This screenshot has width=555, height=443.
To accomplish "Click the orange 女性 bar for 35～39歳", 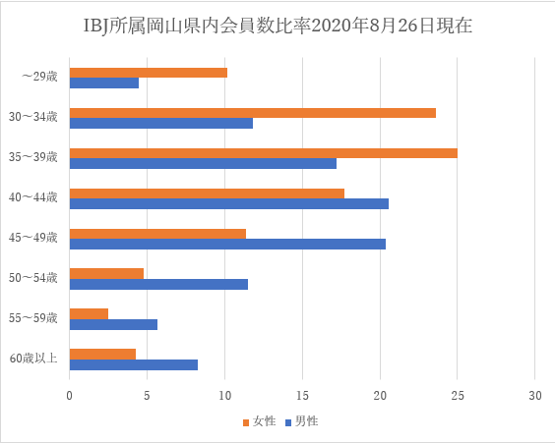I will coord(263,152).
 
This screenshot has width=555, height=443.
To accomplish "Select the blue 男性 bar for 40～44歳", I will coord(228,203).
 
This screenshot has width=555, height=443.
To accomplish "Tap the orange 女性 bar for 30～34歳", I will coord(252,112).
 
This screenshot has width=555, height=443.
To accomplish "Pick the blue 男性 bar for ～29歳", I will coord(103,83).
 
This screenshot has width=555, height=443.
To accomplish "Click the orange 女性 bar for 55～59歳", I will coord(89,313).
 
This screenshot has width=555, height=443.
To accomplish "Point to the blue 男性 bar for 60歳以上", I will coord(133,364).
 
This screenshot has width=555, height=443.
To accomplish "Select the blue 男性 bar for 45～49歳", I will coord(227,244).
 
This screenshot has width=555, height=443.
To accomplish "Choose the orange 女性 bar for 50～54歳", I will coord(106,273).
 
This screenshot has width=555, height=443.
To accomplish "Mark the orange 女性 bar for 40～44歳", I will coord(207,193).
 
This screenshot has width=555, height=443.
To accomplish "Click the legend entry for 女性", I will coord(258,421).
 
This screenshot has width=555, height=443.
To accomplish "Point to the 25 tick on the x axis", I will coord(457,396).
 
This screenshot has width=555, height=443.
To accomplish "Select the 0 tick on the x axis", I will coord(69,396).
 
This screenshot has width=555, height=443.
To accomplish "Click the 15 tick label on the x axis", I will coord(302,396).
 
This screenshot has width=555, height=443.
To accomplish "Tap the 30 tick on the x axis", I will coord(534,396).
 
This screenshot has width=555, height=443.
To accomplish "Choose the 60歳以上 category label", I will coord(33,358).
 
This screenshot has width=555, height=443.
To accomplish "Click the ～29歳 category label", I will coord(40,77).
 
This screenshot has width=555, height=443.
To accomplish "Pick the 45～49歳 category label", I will coord(33,237).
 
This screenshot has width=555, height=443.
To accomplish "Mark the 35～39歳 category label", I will coord(33,157).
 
